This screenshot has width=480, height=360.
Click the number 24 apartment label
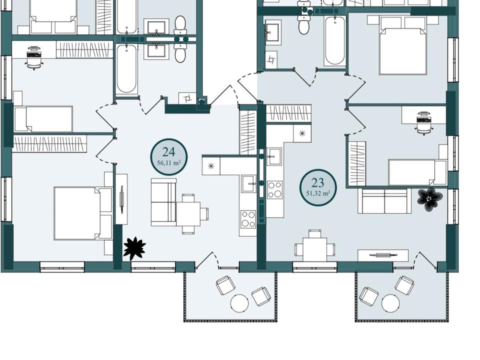168,152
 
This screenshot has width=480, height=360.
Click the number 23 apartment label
318,183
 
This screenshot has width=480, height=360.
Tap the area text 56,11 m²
168,163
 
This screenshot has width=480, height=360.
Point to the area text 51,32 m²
318,193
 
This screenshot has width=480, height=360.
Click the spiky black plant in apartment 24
134,248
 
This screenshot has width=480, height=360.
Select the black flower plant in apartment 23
430,199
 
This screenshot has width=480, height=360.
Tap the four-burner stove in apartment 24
248,219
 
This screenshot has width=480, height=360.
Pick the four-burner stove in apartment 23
274,190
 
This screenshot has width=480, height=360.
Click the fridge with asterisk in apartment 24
211,166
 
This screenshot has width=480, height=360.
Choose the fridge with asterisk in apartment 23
302,133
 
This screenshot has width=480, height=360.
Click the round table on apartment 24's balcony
239,303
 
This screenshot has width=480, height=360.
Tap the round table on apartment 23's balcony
390,303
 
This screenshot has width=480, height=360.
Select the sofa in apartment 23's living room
384,200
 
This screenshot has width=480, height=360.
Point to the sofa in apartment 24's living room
164,202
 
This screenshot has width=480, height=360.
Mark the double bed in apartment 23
402,45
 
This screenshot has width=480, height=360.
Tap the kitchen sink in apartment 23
274,156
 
